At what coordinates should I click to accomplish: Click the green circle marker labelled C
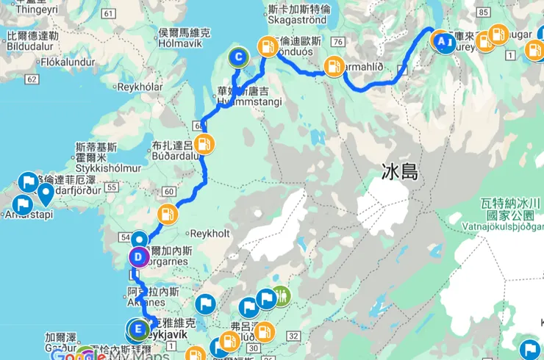pos(238,57)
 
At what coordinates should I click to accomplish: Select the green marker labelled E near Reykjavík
pos(136,328)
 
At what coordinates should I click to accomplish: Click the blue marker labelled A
pos(443,43)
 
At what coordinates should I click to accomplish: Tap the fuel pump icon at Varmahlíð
pos(334,66)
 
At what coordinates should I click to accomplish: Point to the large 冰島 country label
pos(400,173)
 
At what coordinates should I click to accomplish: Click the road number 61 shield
pos(110,14)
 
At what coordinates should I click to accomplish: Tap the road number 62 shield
pos(31,79)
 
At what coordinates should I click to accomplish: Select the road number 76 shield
pos(338,42)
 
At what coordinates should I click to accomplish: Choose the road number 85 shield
pos(483,13)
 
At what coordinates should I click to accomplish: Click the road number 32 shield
pos(293,336)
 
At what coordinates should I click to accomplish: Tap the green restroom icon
pos(282,297)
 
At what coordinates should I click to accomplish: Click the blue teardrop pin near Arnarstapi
pos(46,194)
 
